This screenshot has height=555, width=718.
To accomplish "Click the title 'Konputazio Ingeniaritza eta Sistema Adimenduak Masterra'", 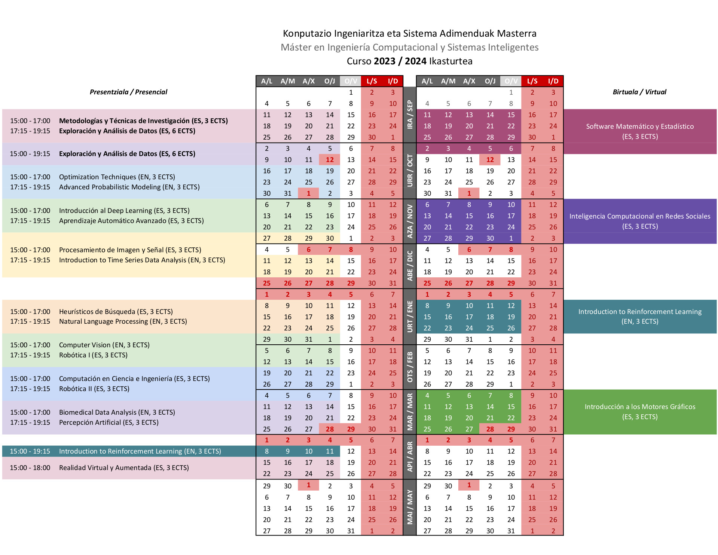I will [x=409, y=34].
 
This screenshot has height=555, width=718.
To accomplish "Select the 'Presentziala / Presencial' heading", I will [x=128, y=92].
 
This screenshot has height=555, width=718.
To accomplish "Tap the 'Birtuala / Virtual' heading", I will [x=639, y=92].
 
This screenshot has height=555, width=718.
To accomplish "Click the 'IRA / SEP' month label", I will [x=410, y=115].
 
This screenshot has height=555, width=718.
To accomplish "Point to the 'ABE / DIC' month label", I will [x=410, y=266].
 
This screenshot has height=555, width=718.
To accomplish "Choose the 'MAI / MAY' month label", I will [x=410, y=507].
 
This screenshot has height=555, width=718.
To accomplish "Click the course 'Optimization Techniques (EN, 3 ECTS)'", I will [x=117, y=177].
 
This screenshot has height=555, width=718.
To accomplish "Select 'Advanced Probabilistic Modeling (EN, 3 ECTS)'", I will [x=129, y=187].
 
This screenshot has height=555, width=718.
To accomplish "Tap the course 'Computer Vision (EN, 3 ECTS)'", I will [x=104, y=345].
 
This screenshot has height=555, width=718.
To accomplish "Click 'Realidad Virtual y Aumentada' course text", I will [x=124, y=468].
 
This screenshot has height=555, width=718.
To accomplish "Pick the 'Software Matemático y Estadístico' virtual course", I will [x=640, y=126].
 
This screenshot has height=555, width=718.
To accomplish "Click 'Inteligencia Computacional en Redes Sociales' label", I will [x=640, y=216].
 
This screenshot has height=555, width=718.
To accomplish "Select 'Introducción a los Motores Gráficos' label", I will [x=640, y=407].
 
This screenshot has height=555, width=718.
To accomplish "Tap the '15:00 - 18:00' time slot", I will [x=30, y=468].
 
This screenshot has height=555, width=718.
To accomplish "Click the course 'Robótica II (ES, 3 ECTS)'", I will [x=94, y=389].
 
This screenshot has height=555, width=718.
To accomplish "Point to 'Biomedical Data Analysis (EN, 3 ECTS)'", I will [x=117, y=412].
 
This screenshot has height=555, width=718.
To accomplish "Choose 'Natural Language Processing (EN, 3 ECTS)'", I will [x=123, y=321].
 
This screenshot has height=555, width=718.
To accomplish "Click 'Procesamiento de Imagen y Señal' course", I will [x=130, y=250].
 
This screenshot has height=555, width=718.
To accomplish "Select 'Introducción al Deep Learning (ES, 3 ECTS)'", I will [x=124, y=211].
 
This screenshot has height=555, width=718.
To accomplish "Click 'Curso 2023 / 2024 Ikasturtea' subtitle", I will [x=409, y=61].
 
